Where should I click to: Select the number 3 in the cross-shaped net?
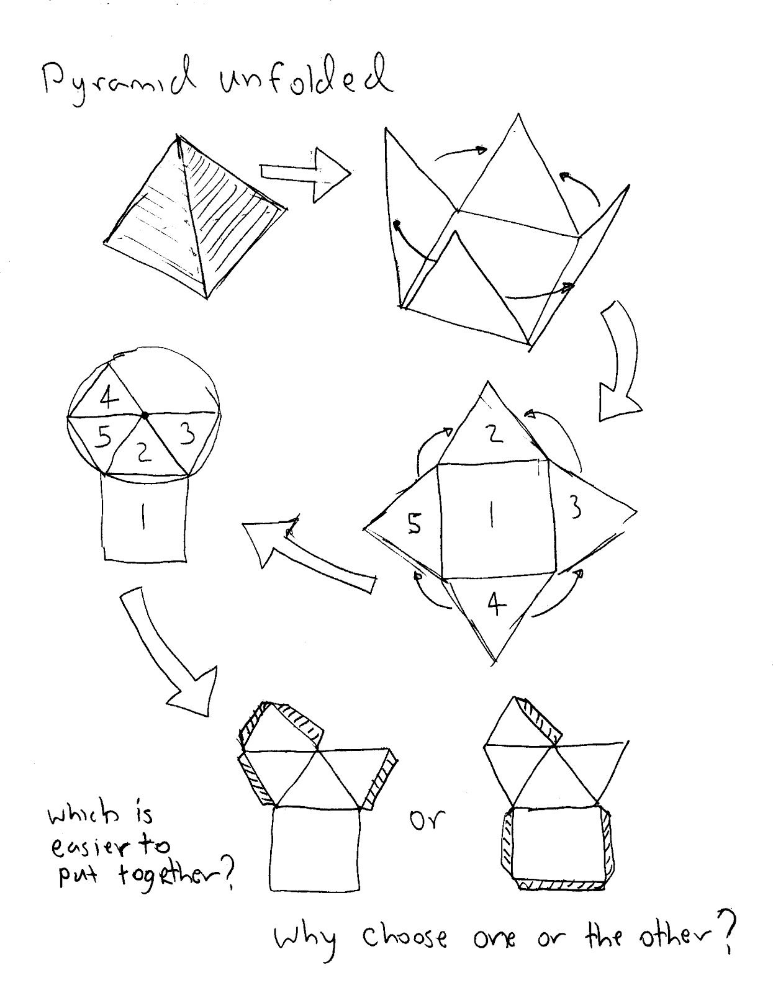pos(576,509)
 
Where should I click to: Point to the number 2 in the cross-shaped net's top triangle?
pos(494,433)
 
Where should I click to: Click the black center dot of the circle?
pos(145,415)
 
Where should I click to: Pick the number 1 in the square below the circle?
pos(143,517)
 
